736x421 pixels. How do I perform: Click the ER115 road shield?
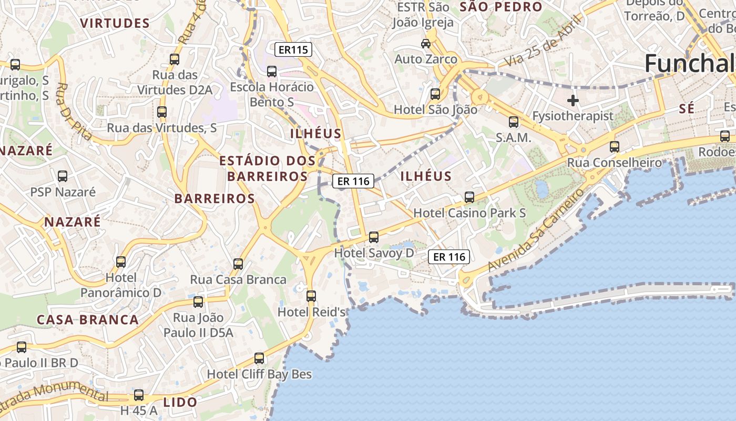pos(293,50)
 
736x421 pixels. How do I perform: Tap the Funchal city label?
pos(689,63)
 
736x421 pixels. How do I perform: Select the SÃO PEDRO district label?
pos(501,7)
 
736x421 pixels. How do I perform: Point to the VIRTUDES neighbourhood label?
pos(116,23)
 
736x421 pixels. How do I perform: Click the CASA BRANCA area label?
pos(88,319)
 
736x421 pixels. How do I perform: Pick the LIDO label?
pos(180,403)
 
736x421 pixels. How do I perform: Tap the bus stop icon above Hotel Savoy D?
pos(374,237)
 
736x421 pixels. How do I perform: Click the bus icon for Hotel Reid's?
pos(311,296)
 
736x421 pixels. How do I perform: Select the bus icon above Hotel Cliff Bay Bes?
pos(259,358)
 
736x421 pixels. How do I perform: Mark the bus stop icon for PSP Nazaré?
pos(63,176)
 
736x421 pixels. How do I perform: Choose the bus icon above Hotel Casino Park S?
pos(469,197)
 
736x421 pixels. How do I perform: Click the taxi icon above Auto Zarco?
pos(426,43)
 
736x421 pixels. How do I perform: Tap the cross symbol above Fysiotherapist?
pos(573,100)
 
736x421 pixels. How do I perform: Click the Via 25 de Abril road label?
pos(545,41)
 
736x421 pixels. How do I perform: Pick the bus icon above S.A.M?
pos(514,122)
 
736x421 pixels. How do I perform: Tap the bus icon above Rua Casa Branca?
pos(238,264)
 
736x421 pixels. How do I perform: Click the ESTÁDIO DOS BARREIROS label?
pos(268,168)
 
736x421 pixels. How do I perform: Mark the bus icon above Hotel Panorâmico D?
pos(121,262)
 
